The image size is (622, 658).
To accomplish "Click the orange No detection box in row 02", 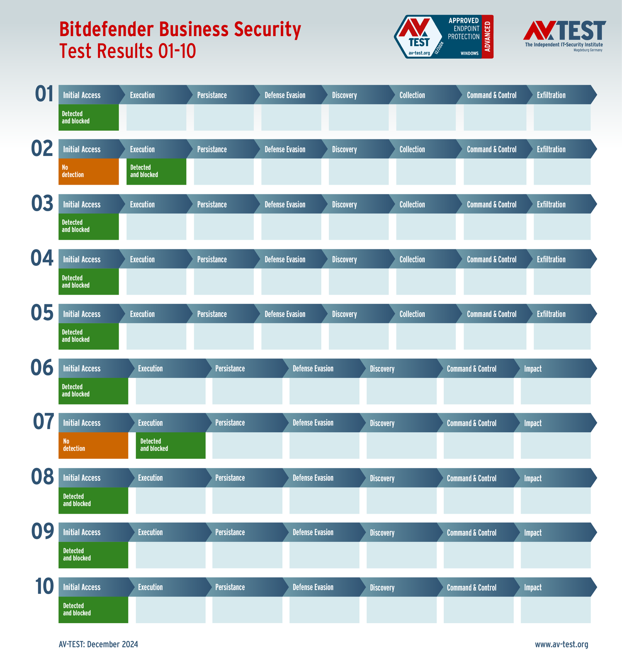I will coord(88,171).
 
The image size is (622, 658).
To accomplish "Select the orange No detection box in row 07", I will coord(93,445).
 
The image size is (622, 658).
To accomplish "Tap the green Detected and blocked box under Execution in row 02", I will coord(156,171).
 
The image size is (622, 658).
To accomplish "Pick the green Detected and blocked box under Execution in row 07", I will coord(170,445).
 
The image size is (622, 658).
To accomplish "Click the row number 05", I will coord(42,313).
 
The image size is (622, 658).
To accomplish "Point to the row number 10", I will coord(44,586).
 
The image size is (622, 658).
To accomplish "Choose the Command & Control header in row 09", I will coord(471,532).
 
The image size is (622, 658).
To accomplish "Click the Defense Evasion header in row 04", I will coord(285,259).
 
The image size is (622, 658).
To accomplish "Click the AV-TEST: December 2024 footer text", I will coord(98,644).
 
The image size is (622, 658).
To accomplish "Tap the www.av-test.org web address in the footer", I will coord(561,644).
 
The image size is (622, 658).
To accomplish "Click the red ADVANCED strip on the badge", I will coord(488,37).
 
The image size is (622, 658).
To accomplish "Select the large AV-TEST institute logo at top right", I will coord(564,36).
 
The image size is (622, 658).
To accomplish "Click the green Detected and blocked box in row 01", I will coord(88,117).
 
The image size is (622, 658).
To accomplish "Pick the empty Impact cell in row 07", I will coord(555,445).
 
